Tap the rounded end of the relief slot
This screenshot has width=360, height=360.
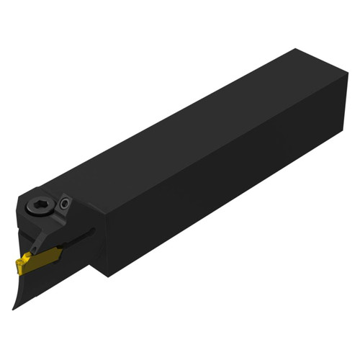[x=93, y=230]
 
